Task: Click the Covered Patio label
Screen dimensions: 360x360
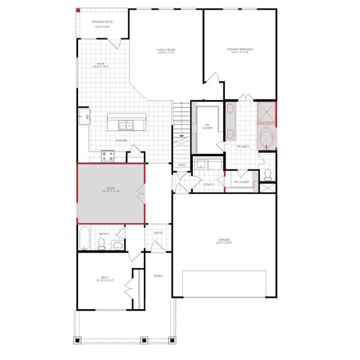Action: coord(101,23)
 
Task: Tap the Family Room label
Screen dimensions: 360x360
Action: coord(166,50)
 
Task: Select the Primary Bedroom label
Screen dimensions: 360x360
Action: coord(238,50)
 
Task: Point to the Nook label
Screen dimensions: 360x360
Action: coord(101,65)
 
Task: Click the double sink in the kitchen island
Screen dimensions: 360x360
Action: coord(126,125)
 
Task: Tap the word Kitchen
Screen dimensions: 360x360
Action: coord(121,140)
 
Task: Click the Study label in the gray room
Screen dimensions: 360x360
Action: coord(112,189)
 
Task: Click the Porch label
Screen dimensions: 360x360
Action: coord(158,276)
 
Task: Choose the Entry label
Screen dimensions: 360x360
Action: coord(158,233)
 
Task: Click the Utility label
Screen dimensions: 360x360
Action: coord(209,184)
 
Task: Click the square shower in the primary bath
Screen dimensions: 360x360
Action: coord(266,112)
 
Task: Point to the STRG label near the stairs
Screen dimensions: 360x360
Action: coord(181,164)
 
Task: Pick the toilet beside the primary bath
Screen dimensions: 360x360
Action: coord(268,175)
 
